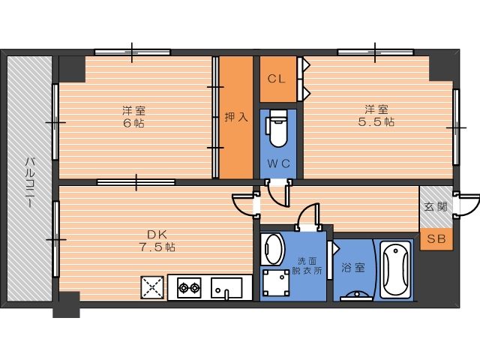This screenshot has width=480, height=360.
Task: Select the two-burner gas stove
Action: pyautogui.click(x=189, y=287)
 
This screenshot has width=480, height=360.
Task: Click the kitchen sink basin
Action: pyautogui.click(x=226, y=288)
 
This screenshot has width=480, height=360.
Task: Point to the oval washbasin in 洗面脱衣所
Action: pyautogui.click(x=272, y=248)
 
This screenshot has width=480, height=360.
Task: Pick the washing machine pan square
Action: pyautogui.click(x=276, y=283)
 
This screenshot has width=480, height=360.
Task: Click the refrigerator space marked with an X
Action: pyautogui.click(x=152, y=287)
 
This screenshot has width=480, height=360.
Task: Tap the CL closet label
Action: pyautogui.click(x=277, y=79)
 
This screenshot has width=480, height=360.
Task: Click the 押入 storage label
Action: pyautogui.click(x=236, y=117)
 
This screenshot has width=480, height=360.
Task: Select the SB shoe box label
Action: pyautogui.click(x=436, y=238)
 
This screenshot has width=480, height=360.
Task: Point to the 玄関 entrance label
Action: pyautogui.click(x=436, y=207)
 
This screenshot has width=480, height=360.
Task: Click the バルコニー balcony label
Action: pyautogui.click(x=30, y=183)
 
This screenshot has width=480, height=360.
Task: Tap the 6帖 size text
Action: pyautogui.click(x=133, y=123)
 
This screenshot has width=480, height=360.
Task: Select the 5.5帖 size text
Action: pyautogui.click(x=376, y=121)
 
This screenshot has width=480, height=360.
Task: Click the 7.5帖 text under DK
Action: pyautogui.click(x=157, y=247)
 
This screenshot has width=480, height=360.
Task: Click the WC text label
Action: pyautogui.click(x=278, y=163)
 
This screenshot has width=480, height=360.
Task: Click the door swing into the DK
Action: pyautogui.click(x=244, y=205)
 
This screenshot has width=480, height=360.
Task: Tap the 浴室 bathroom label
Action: pyautogui.click(x=353, y=268)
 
